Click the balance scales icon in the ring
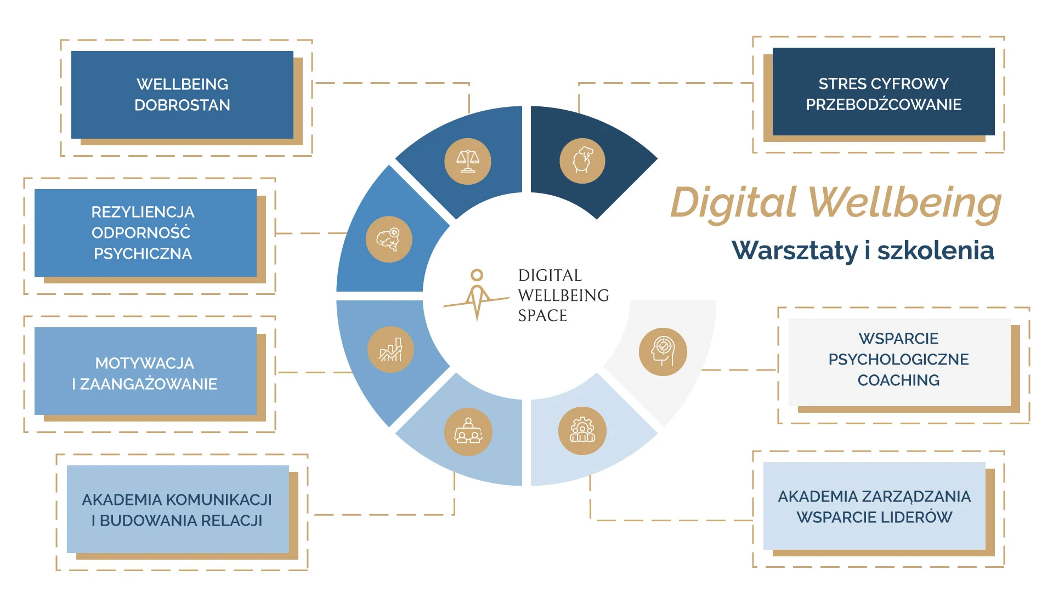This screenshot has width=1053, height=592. [x=468, y=161]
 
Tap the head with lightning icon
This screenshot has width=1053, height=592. [x=582, y=161]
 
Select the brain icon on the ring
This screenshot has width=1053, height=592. [x=389, y=240]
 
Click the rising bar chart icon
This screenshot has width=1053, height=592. [x=390, y=350]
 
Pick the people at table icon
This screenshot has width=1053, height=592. [x=468, y=432]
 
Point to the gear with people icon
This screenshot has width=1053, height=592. [x=582, y=431]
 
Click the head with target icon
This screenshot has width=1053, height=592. [x=663, y=351]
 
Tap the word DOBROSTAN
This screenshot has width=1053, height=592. [x=182, y=105]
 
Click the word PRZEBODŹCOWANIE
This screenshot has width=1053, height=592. [x=884, y=105]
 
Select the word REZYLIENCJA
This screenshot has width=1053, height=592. [x=143, y=212]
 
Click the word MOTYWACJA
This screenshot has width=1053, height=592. [x=144, y=363]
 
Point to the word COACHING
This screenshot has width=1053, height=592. [x=898, y=380]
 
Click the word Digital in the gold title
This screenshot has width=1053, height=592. [x=733, y=203]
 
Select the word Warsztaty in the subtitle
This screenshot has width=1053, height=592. [x=795, y=251]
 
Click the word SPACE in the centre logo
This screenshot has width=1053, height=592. [x=542, y=316]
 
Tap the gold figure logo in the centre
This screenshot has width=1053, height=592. [x=477, y=294]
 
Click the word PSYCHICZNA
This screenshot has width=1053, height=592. [x=143, y=254]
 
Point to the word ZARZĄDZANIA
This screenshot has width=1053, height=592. [x=916, y=497]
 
